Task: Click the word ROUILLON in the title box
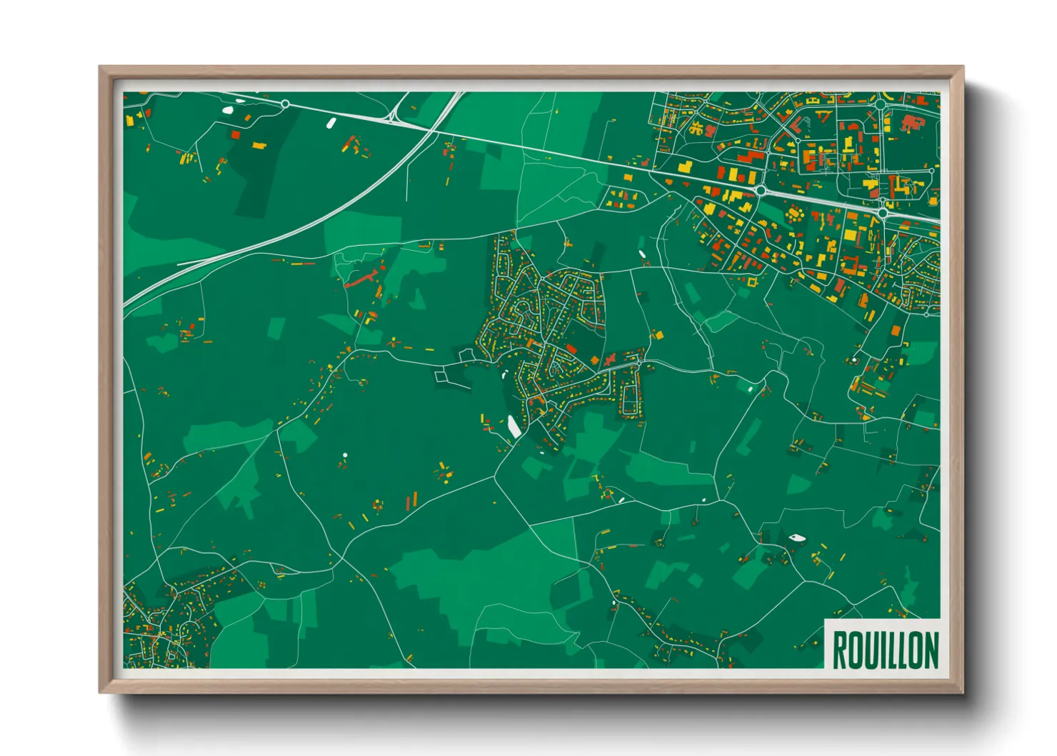[x=885, y=650]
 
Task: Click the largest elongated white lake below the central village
[x=514, y=427]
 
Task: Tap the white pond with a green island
[x=796, y=537]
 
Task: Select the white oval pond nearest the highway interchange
[x=331, y=124]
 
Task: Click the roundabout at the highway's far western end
[x=285, y=104]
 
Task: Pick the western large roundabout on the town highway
[x=761, y=190]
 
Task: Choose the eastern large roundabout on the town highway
[x=883, y=212]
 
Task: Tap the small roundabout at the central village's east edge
[x=638, y=366]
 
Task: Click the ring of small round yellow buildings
[x=794, y=214]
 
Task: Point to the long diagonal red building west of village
[x=361, y=279]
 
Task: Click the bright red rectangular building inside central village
[x=571, y=348]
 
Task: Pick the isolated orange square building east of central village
[x=658, y=334]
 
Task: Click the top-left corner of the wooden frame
[x=101, y=68]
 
